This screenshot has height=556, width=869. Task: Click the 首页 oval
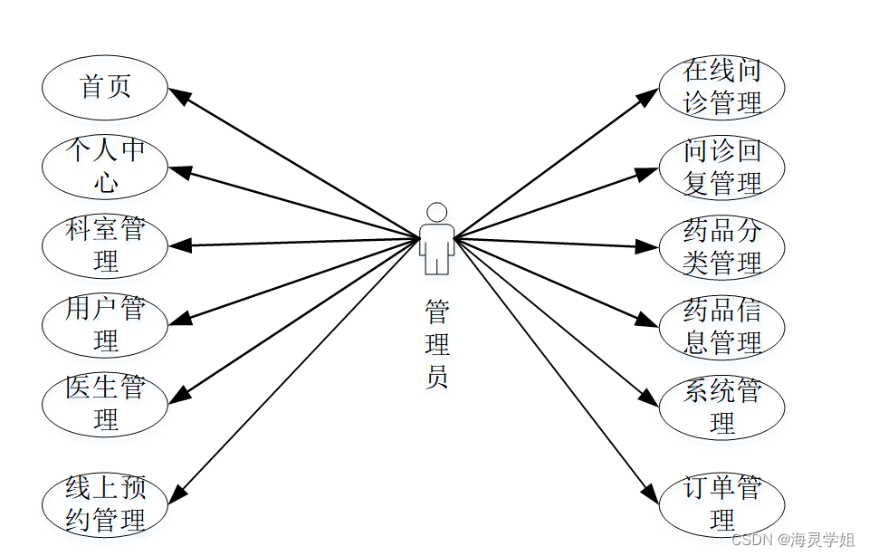(x=105, y=88)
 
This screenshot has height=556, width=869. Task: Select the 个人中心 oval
(x=105, y=167)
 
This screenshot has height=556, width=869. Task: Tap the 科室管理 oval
(x=105, y=245)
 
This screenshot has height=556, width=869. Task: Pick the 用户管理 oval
(x=105, y=324)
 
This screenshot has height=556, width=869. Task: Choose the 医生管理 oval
(x=105, y=403)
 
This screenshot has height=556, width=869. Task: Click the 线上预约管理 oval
(x=105, y=505)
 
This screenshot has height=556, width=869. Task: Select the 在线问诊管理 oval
(x=721, y=88)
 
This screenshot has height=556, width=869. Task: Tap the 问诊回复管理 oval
(x=721, y=167)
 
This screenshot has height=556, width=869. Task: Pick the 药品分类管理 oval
(x=721, y=246)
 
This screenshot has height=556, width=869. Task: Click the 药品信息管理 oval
(x=721, y=327)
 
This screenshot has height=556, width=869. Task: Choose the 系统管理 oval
(x=721, y=407)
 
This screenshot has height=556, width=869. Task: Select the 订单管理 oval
(x=721, y=504)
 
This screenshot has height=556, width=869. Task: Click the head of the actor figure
(x=437, y=213)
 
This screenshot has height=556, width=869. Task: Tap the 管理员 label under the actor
(x=437, y=345)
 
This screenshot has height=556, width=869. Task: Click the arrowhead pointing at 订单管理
(x=649, y=494)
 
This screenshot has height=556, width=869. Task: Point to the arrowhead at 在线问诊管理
(x=649, y=96)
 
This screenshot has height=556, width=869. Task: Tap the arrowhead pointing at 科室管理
(x=177, y=245)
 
